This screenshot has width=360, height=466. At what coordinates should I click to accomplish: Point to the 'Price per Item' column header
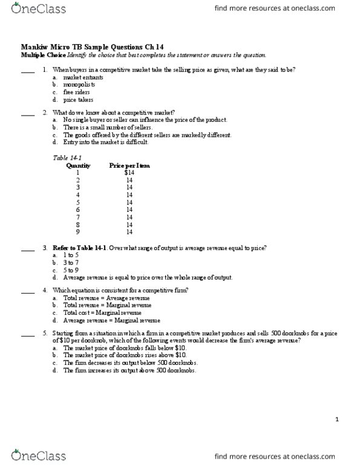click(x=129, y=165)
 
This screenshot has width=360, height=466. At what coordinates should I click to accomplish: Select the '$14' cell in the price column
click(x=129, y=173)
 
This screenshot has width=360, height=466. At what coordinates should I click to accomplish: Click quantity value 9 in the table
click(x=78, y=231)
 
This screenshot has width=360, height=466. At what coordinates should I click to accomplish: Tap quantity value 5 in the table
click(x=78, y=202)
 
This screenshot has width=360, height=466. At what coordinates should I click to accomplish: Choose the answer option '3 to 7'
click(x=71, y=263)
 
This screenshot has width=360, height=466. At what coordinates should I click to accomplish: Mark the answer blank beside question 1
click(x=28, y=71)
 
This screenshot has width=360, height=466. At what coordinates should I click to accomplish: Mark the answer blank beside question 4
click(x=28, y=292)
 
